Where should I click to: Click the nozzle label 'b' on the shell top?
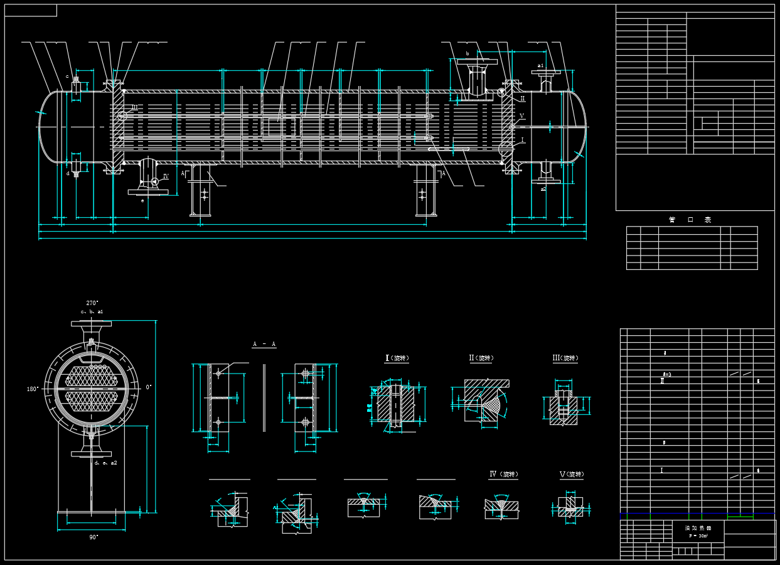click(467, 54)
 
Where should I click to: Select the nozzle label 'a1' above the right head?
click(540, 65)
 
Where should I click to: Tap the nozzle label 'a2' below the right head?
click(543, 188)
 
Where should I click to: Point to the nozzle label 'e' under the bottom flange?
click(142, 200)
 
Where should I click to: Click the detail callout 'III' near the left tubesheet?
click(134, 108)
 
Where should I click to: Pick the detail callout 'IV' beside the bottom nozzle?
click(166, 176)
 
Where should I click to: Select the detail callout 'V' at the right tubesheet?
click(521, 116)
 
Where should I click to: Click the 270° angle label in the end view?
click(92, 303)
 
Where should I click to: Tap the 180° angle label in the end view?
click(33, 389)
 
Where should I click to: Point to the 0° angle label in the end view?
click(149, 387)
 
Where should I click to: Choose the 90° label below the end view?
click(93, 537)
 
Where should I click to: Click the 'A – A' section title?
click(264, 344)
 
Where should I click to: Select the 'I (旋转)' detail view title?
click(397, 358)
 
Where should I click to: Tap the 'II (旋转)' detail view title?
click(481, 358)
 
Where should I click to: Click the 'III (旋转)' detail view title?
click(565, 358)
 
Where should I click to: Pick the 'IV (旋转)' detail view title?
click(504, 475)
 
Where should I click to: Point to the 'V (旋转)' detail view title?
click(572, 475)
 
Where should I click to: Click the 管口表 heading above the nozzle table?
click(690, 220)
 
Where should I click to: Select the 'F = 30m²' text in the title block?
click(698, 536)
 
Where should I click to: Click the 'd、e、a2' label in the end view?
click(105, 463)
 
